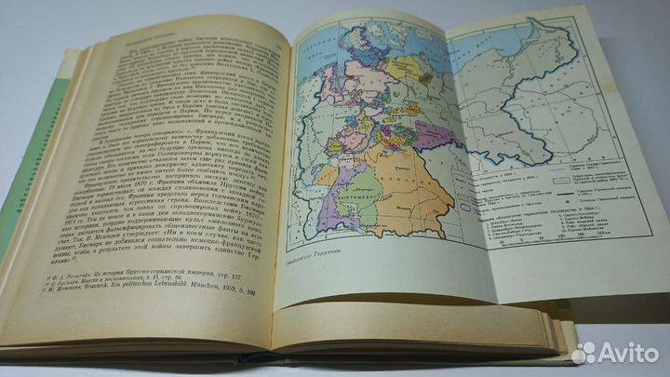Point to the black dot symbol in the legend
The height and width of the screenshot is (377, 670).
pos(564,216)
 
